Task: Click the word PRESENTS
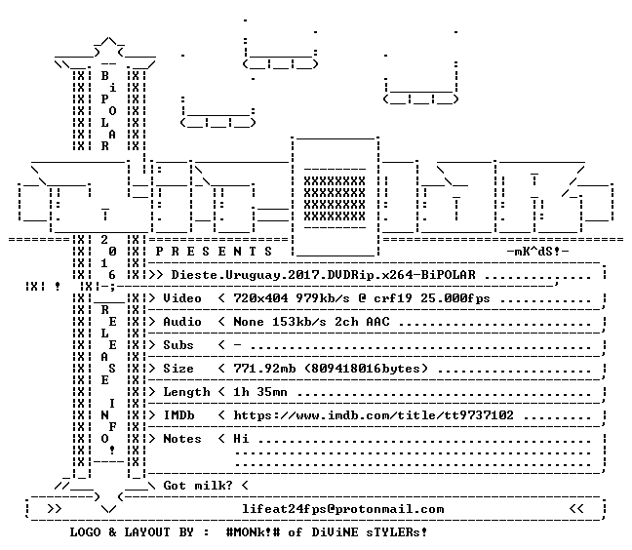[214, 252]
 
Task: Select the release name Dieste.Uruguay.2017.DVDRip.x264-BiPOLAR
[323, 275]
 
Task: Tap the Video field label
[182, 298]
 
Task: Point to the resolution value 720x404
[260, 298]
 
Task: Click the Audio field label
[182, 322]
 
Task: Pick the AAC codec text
[378, 322]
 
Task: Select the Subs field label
[178, 345]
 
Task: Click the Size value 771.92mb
[264, 369]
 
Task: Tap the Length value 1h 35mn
[260, 392]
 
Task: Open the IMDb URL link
[374, 415]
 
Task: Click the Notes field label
[182, 439]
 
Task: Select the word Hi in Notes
[241, 439]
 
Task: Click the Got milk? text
[198, 485]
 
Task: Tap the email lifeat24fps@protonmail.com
[343, 509]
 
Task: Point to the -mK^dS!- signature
[537, 252]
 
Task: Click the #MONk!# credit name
[254, 532]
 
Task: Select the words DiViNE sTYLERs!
[370, 532]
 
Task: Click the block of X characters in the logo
[335, 199]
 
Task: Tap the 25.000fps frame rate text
[455, 298]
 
